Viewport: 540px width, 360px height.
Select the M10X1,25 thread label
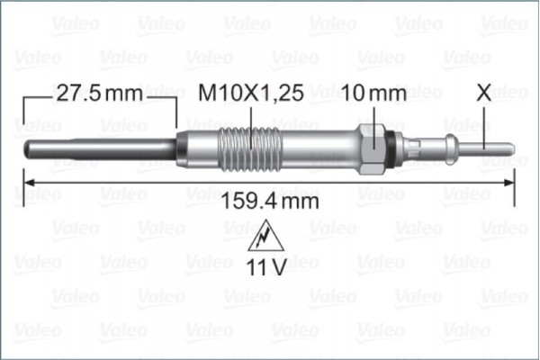click(248, 93)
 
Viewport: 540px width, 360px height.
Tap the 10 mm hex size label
click(373, 93)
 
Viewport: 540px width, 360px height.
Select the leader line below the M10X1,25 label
click(249, 118)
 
